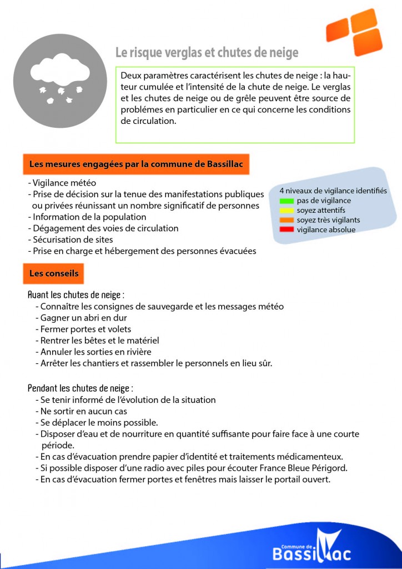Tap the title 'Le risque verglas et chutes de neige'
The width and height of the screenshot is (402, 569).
[207, 53]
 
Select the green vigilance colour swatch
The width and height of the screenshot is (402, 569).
[287, 201]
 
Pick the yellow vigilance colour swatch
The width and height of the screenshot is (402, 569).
[287, 211]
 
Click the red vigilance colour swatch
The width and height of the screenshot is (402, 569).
[287, 229]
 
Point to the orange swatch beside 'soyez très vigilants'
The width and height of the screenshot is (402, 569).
[287, 220]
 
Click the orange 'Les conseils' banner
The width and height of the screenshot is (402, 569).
[54, 273]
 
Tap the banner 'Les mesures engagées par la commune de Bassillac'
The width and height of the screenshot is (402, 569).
[136, 164]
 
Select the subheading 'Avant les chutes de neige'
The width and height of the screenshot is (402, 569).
[76, 295]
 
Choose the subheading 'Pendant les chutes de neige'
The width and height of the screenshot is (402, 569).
[81, 388]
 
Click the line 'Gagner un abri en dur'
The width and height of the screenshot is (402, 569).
[84, 318]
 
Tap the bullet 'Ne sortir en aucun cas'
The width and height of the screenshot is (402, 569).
[84, 411]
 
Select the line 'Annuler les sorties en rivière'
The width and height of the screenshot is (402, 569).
[96, 352]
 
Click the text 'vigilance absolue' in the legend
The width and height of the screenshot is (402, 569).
[326, 229]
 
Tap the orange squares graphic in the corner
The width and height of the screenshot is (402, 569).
[355, 31]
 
